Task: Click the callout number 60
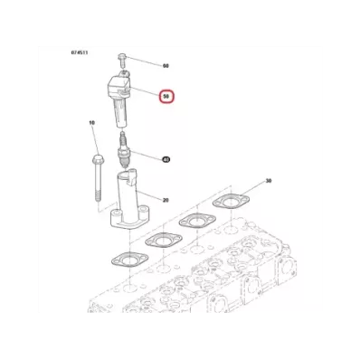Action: click(x=166, y=66)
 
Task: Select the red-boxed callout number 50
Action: click(x=167, y=97)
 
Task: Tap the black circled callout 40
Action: click(x=166, y=159)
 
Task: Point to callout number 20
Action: click(x=166, y=200)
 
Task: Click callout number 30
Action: click(x=269, y=181)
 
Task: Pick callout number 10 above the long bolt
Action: click(x=92, y=123)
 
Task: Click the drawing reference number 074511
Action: click(x=80, y=52)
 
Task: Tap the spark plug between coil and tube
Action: click(x=123, y=150)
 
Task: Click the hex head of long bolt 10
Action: click(x=99, y=158)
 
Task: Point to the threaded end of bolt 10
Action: click(x=99, y=194)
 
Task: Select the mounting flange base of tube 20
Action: click(x=128, y=220)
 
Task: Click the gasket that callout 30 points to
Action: click(x=231, y=202)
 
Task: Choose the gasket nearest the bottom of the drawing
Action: click(x=129, y=259)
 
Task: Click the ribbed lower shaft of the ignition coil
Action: click(x=120, y=114)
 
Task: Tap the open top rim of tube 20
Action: click(x=125, y=174)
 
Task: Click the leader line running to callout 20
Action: click(x=149, y=195)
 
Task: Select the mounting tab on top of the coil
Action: click(x=124, y=72)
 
